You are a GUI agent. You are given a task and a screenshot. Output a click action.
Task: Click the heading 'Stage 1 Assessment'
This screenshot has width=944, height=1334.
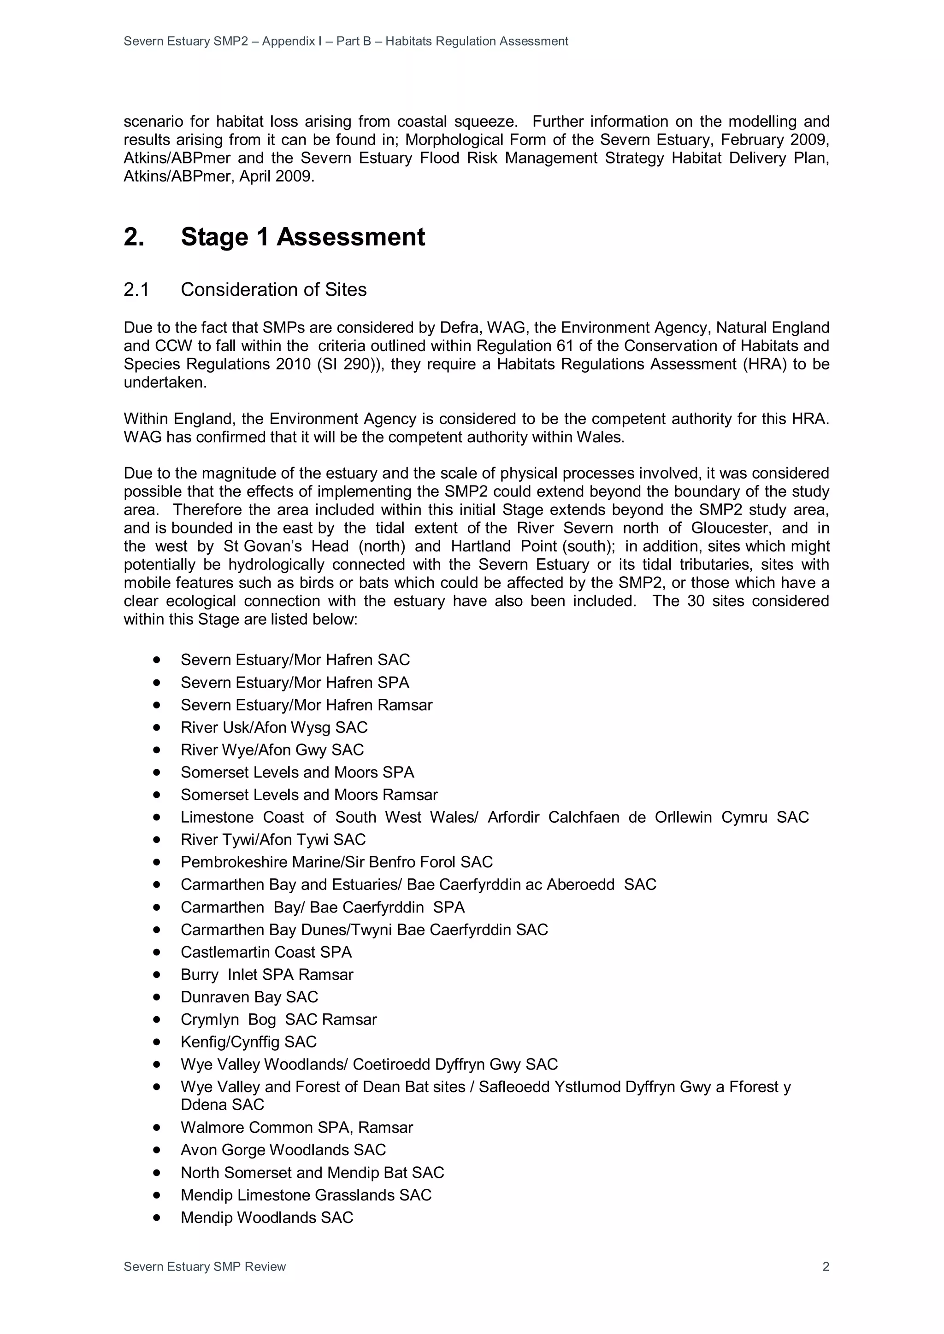pyautogui.click(x=302, y=237)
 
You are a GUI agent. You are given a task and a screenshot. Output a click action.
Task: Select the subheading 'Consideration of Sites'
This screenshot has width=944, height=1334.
pyautogui.click(x=273, y=289)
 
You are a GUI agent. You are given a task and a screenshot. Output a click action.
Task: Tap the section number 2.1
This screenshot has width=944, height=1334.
pyautogui.click(x=136, y=289)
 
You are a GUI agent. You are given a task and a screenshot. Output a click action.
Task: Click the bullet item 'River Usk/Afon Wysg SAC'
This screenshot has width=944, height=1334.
pyautogui.click(x=274, y=727)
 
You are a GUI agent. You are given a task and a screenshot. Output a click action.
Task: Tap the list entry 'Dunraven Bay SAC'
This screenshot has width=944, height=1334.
pyautogui.click(x=249, y=997)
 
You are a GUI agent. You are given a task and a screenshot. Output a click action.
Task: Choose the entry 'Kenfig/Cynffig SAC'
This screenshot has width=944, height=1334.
pyautogui.click(x=248, y=1042)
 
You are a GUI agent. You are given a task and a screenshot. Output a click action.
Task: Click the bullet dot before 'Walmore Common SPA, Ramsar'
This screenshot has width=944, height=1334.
pyautogui.click(x=156, y=1127)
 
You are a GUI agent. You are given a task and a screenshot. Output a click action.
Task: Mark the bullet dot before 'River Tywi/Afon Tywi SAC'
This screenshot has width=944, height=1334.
pyautogui.click(x=156, y=840)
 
